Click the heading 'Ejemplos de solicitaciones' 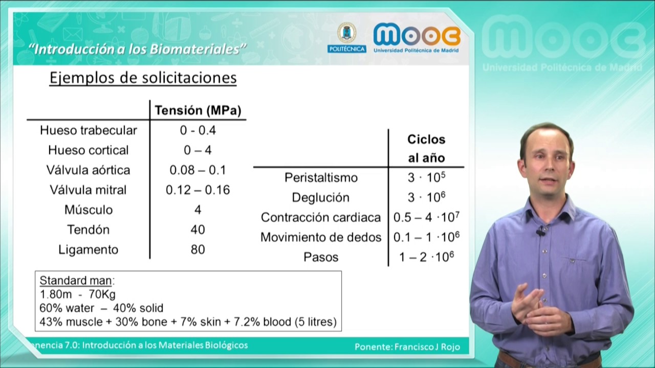pos(143,78)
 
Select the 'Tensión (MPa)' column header pos(198,110)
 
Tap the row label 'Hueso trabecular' pos(89,130)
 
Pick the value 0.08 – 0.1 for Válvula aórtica pos(198,170)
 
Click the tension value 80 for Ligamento pos(198,249)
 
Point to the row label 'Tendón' pos(89,230)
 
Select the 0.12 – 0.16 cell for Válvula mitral pos(198,190)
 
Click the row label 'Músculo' pos(89,210)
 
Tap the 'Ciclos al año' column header pos(426,148)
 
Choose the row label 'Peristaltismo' pos(321,178)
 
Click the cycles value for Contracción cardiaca pos(426,217)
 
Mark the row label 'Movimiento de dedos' pos(321,237)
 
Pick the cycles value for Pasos pos(426,257)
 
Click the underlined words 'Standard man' pos(77,281)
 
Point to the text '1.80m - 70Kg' pos(78,294)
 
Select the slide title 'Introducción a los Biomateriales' pos(138,49)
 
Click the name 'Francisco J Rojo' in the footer pos(427,347)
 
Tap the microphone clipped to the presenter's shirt pos(540,233)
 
